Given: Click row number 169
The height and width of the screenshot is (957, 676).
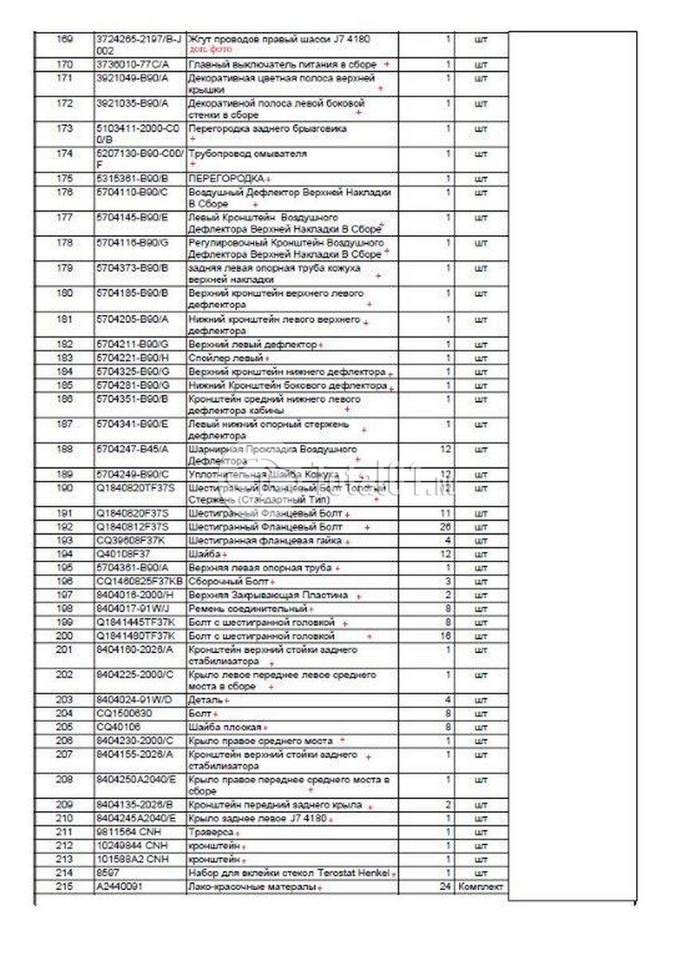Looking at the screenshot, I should tap(65, 38).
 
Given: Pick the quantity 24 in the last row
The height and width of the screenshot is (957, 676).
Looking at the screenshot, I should tap(445, 887).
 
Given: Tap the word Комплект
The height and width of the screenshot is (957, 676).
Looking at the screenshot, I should tap(480, 887).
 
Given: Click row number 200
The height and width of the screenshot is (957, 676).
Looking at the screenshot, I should tap(65, 636).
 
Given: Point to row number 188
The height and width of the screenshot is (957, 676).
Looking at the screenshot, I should tap(65, 450).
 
